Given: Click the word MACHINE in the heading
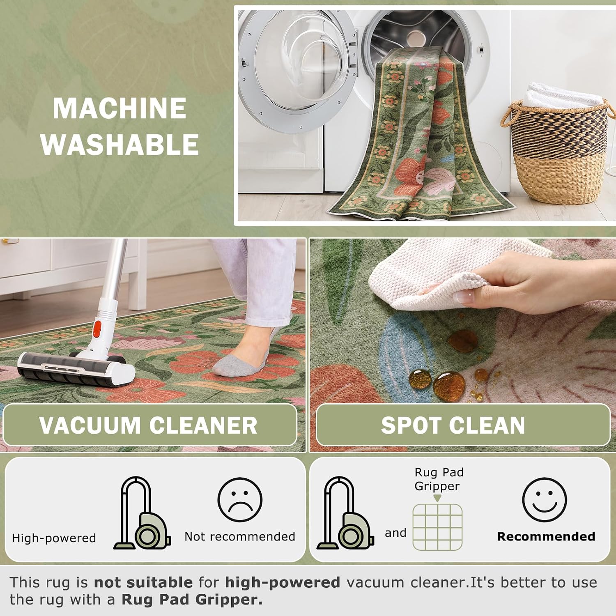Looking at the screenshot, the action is point(120,108).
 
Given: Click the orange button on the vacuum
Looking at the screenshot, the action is point(97,329).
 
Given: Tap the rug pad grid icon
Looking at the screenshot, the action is point(437,527).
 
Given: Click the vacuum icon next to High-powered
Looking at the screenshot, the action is point(142,513).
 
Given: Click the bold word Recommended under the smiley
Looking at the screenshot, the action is point(546,536).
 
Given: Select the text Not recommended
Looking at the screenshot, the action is point(240,536).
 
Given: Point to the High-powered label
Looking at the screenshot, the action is point(54,538).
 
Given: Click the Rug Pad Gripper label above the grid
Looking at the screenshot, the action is point(439,479).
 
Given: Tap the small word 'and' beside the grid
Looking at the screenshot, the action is point(395,533).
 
